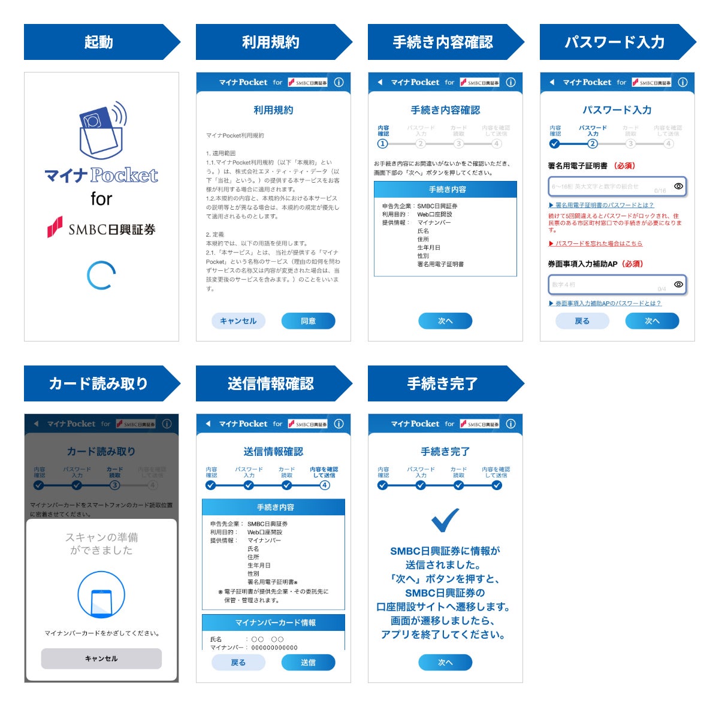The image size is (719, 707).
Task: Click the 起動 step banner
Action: point(99,42)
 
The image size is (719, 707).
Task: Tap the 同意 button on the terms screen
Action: point(308,321)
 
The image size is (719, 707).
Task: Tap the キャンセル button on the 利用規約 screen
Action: point(238,321)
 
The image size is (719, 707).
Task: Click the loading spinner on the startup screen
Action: point(101,276)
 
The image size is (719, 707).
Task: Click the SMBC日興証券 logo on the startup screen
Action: point(101,228)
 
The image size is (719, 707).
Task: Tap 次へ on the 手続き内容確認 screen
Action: point(445,321)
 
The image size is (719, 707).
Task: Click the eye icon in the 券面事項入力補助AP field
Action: point(678,284)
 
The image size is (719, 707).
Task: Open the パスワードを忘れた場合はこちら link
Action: point(596,243)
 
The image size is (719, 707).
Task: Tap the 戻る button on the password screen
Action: point(582,321)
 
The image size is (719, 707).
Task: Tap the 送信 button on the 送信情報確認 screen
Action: point(308,663)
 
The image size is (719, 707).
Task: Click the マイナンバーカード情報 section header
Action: point(274,623)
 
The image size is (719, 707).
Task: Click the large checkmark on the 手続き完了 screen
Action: point(445,520)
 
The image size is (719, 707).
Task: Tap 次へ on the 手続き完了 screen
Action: point(445,663)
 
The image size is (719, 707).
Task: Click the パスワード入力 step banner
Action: point(615,42)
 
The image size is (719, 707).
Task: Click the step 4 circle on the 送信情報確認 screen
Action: point(325,485)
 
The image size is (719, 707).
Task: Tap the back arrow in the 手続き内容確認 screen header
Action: point(380,83)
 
